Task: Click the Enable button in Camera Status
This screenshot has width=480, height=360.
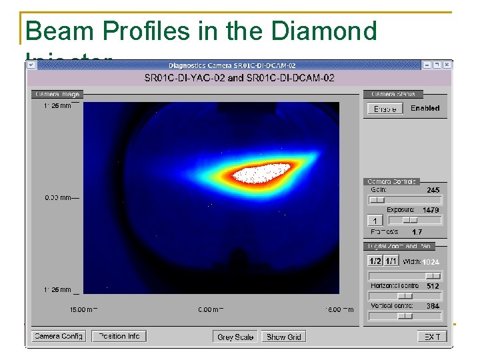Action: (385, 109)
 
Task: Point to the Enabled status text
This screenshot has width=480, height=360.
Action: (425, 108)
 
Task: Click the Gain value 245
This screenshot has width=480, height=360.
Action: (433, 190)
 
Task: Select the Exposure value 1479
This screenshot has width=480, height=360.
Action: (430, 210)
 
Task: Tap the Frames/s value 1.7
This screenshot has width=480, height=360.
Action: (417, 232)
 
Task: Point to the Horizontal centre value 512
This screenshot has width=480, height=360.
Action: (433, 285)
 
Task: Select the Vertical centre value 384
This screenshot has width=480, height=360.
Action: (433, 306)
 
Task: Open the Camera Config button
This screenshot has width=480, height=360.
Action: (59, 337)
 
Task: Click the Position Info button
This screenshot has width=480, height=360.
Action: (119, 337)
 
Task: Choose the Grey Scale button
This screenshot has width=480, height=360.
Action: (235, 337)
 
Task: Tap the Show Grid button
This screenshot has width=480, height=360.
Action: (284, 337)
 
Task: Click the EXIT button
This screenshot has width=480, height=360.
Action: (432, 337)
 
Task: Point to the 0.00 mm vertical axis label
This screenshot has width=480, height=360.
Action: (61, 197)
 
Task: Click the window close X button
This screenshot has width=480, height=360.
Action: (447, 65)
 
